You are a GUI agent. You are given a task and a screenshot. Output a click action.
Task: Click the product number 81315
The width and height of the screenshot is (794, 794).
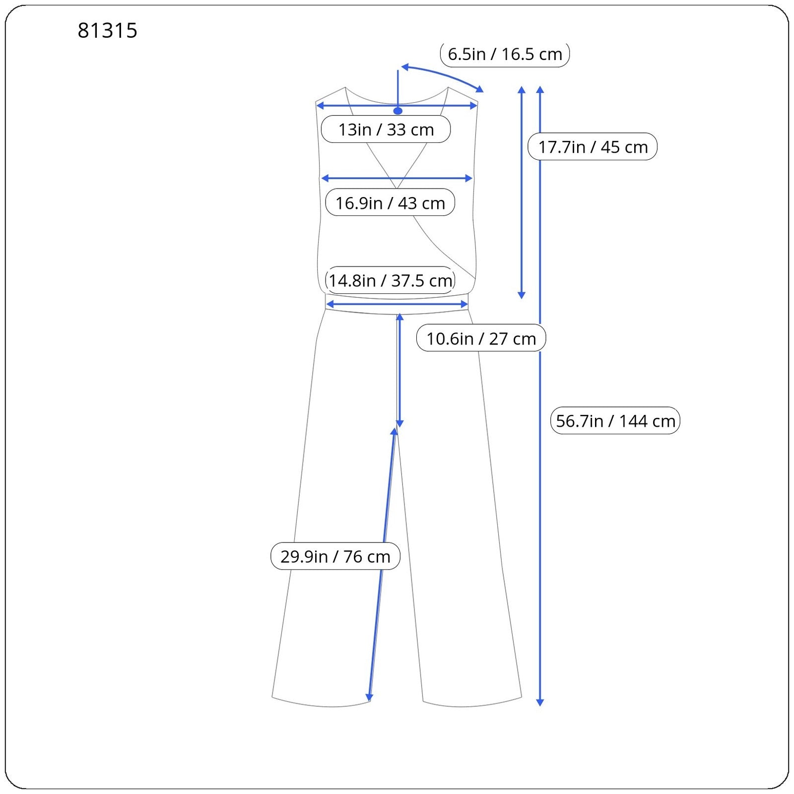[x=107, y=31]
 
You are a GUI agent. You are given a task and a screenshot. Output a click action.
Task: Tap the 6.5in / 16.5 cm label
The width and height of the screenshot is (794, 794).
[x=505, y=54]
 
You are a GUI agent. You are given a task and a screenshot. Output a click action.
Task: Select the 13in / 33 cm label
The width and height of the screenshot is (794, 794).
[x=386, y=130]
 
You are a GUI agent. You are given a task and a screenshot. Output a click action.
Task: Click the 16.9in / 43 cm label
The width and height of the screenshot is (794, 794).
[x=390, y=202]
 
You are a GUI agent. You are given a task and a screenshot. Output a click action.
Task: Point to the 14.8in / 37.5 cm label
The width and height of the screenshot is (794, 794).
[x=390, y=280]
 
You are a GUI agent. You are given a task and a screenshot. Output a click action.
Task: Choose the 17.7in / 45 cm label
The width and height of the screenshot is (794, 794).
[x=593, y=146]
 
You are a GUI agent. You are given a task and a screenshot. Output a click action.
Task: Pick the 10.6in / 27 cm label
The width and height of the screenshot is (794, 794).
[x=481, y=338]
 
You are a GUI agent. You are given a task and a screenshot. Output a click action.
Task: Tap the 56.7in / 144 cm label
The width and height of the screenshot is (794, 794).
[x=615, y=421]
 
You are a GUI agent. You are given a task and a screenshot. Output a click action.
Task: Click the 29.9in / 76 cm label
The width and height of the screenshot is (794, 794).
[x=335, y=556]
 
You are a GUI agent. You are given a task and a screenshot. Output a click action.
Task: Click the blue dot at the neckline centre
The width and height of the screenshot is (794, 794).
[x=398, y=111]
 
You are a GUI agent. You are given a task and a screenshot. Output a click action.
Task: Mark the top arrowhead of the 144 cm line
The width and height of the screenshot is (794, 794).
[x=540, y=90]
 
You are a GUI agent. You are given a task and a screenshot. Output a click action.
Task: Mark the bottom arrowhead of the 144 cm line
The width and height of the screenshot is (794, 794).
[x=540, y=702]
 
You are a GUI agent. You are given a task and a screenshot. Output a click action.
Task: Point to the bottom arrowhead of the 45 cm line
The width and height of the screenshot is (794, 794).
[x=522, y=295]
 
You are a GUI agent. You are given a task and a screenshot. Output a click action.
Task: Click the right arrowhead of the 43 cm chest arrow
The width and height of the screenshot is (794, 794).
[x=469, y=178]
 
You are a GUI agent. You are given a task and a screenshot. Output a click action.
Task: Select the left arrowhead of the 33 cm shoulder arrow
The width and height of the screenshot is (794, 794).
[x=320, y=106]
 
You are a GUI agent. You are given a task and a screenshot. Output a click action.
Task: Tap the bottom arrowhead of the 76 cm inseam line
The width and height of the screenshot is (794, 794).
[x=369, y=698]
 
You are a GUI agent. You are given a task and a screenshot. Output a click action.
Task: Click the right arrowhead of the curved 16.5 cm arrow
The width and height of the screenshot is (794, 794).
[x=480, y=89]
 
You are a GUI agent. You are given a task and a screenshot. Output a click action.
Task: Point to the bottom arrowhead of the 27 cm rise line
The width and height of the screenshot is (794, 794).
[x=399, y=423]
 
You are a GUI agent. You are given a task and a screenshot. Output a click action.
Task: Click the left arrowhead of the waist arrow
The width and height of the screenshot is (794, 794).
[x=330, y=304]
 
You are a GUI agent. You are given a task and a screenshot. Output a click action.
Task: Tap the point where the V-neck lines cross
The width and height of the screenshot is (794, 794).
[x=397, y=188]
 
